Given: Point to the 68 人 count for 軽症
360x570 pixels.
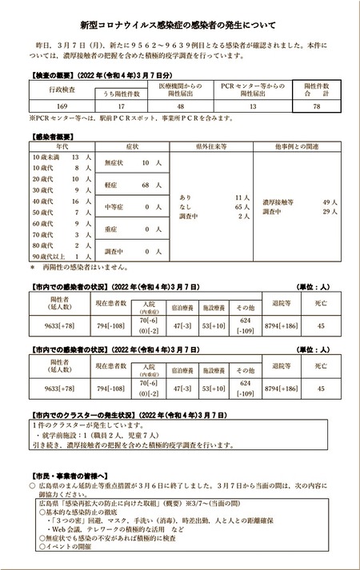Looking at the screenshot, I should pyautogui.click(x=150, y=185).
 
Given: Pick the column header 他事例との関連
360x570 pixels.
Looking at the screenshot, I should pyautogui.click(x=293, y=149).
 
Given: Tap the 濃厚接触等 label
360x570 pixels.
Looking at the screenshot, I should pyautogui.click(x=278, y=202).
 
